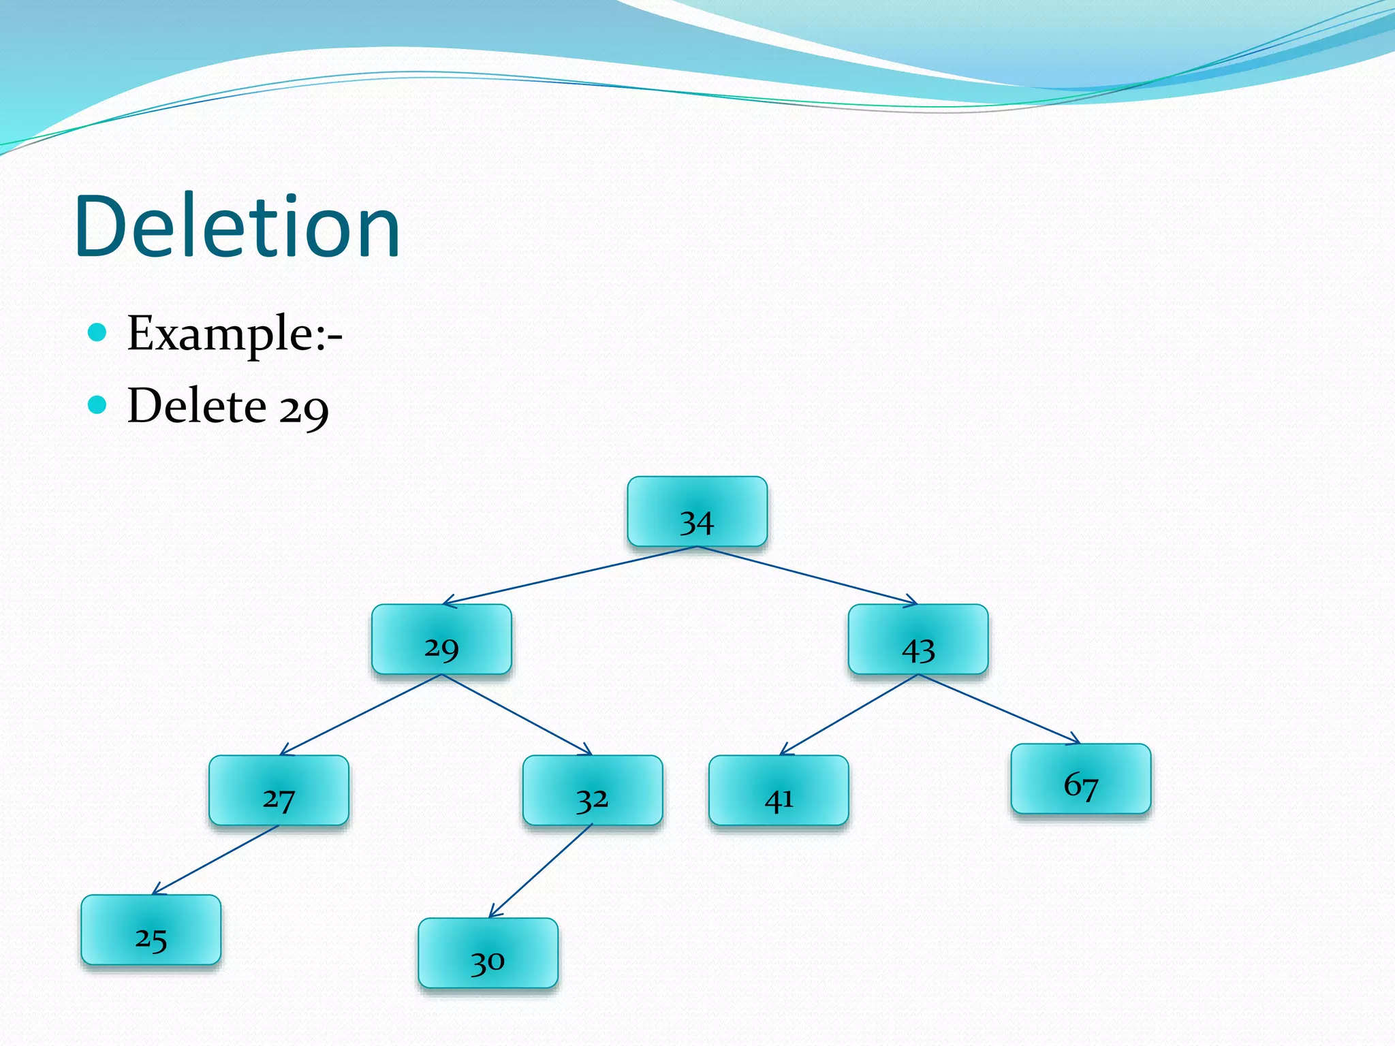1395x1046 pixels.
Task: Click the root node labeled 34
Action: click(697, 512)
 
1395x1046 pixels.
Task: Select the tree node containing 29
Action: click(441, 639)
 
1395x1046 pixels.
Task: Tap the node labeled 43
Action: click(918, 639)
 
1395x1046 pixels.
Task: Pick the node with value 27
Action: click(279, 791)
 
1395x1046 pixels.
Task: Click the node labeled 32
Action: click(592, 791)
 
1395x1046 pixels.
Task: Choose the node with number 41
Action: click(779, 791)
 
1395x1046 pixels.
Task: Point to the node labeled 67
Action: click(1080, 779)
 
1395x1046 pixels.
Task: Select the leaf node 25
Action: click(151, 930)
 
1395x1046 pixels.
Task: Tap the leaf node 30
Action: click(488, 953)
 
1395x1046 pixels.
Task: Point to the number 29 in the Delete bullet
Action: click(304, 409)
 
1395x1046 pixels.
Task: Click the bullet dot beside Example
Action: click(97, 332)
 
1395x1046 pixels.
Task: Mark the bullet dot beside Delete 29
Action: click(97, 405)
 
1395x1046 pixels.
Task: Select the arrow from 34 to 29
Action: click(569, 575)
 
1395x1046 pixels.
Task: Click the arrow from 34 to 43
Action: click(807, 575)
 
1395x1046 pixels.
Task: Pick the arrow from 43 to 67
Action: click(999, 709)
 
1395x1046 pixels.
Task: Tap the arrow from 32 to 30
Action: click(540, 872)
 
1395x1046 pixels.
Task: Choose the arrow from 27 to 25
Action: click(215, 860)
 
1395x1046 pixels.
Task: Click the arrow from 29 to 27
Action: click(361, 714)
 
